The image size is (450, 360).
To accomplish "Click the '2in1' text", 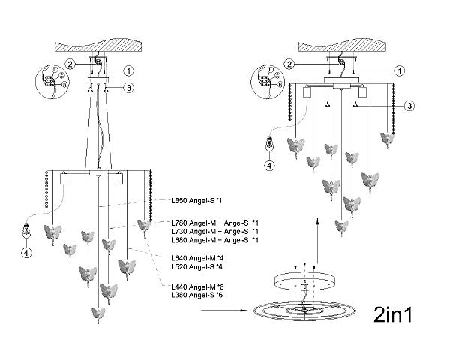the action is (393, 314).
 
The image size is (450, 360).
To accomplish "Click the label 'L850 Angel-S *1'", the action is (196, 201).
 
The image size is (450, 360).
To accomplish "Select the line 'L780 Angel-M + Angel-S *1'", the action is (215, 223).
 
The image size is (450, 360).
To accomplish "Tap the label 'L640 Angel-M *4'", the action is (197, 258).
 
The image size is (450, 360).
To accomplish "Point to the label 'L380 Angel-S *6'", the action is (196, 295).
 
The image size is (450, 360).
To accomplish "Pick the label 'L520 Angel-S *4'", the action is (196, 267).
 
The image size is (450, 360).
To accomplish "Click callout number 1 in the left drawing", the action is (128, 70).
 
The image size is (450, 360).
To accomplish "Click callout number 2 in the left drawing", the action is (70, 64).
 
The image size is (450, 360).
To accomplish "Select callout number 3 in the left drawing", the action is (128, 87).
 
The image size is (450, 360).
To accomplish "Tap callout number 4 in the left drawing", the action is (27, 253).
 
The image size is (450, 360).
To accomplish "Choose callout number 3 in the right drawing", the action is (409, 106).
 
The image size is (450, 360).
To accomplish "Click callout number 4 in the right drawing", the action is (269, 165).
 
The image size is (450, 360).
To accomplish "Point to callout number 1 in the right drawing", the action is (400, 70).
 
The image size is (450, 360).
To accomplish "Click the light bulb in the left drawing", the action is (27, 231).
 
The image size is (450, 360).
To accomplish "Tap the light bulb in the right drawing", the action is (269, 144).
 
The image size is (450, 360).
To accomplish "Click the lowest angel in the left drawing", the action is (98, 314).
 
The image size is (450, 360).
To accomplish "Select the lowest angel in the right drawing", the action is (341, 227).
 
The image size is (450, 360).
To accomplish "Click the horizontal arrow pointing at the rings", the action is (224, 310).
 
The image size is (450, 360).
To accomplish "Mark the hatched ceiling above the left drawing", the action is (99, 46).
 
